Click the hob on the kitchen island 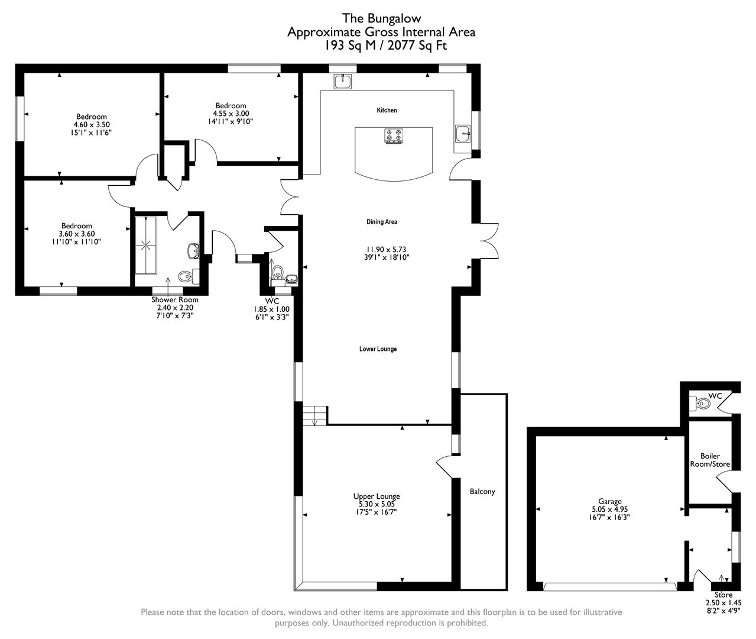pyautogui.click(x=394, y=136)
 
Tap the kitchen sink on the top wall pyautogui.click(x=342, y=81)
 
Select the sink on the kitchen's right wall pyautogui.click(x=463, y=134)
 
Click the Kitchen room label pyautogui.click(x=387, y=111)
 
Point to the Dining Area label pyautogui.click(x=382, y=222)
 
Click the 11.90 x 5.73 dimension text pyautogui.click(x=387, y=249)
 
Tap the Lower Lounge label pyautogui.click(x=378, y=349)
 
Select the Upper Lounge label pyautogui.click(x=377, y=496)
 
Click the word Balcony pyautogui.click(x=482, y=492)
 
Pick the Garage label pyautogui.click(x=609, y=501)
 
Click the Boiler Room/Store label pyautogui.click(x=710, y=460)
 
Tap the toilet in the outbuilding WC pyautogui.click(x=702, y=404)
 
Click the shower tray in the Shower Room pyautogui.click(x=145, y=245)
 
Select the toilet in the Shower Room pyautogui.click(x=186, y=275)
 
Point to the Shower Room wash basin pyautogui.click(x=192, y=251)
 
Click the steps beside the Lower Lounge pyautogui.click(x=316, y=415)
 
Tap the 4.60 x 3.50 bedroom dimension pyautogui.click(x=92, y=125)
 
